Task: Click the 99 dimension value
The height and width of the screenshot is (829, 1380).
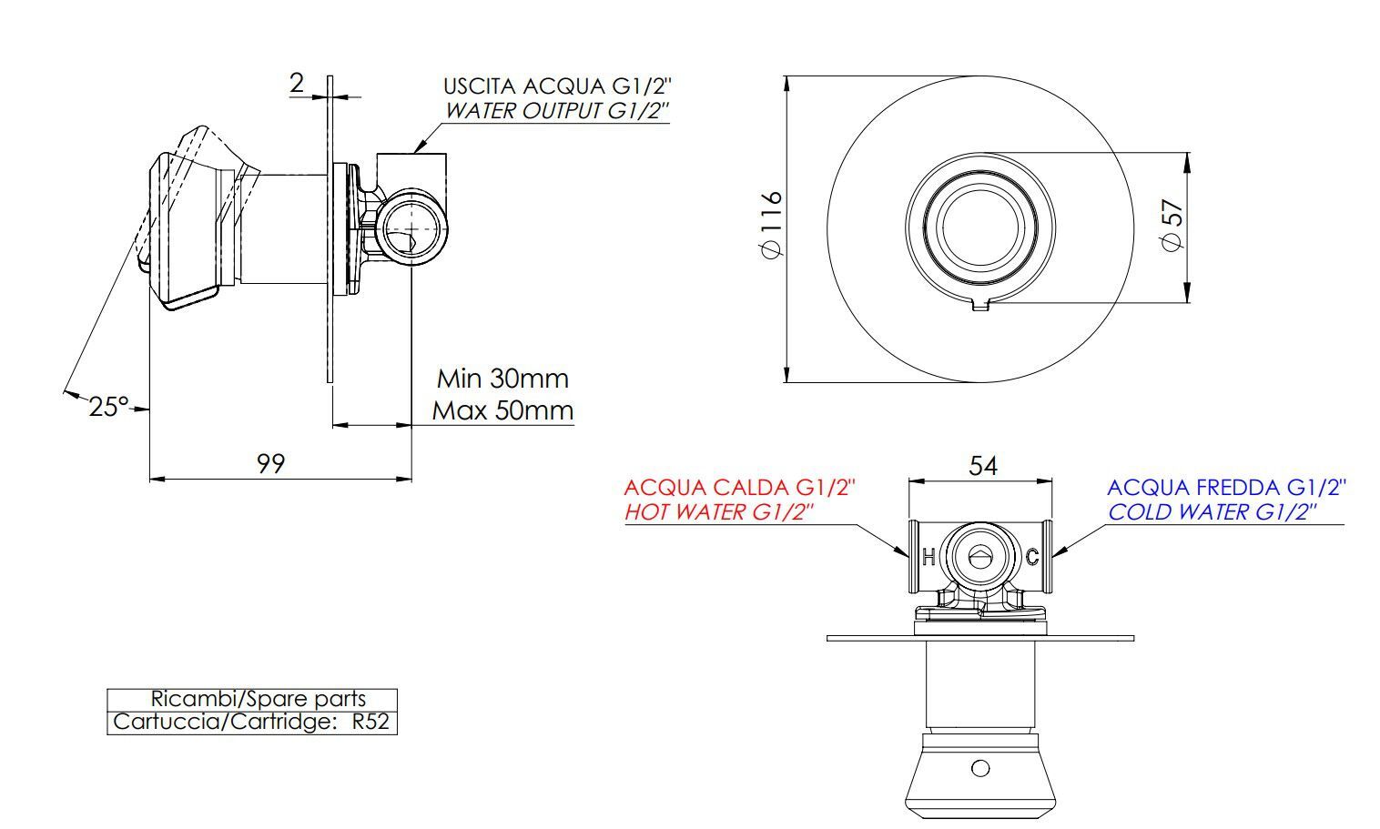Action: [270, 463]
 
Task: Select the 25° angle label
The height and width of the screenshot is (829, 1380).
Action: [108, 406]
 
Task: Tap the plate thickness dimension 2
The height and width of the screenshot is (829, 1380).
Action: [298, 84]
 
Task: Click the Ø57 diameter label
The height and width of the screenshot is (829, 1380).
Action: [1173, 225]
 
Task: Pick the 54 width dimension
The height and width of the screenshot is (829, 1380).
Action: [982, 466]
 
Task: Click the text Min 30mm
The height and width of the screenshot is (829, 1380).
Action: [502, 378]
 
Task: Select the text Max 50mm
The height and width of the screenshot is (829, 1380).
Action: [502, 410]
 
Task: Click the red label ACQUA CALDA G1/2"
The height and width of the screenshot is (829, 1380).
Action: [740, 488]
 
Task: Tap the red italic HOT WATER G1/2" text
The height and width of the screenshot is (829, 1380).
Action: [718, 512]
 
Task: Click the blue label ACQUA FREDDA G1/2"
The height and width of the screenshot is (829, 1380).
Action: [1226, 488]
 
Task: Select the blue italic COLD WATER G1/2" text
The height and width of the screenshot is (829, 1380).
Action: [1212, 512]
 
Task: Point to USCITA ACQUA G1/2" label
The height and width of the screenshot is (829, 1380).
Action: [557, 86]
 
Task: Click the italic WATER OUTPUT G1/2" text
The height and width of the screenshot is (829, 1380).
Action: [557, 111]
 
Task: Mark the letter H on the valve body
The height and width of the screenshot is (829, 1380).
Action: [928, 557]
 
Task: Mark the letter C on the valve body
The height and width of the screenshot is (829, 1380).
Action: [1032, 557]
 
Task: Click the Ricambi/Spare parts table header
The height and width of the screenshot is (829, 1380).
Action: [258, 699]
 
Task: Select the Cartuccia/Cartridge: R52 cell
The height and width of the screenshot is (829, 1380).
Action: [251, 723]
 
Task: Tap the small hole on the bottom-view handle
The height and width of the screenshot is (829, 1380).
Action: [980, 768]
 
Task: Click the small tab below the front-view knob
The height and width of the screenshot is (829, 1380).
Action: [980, 305]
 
